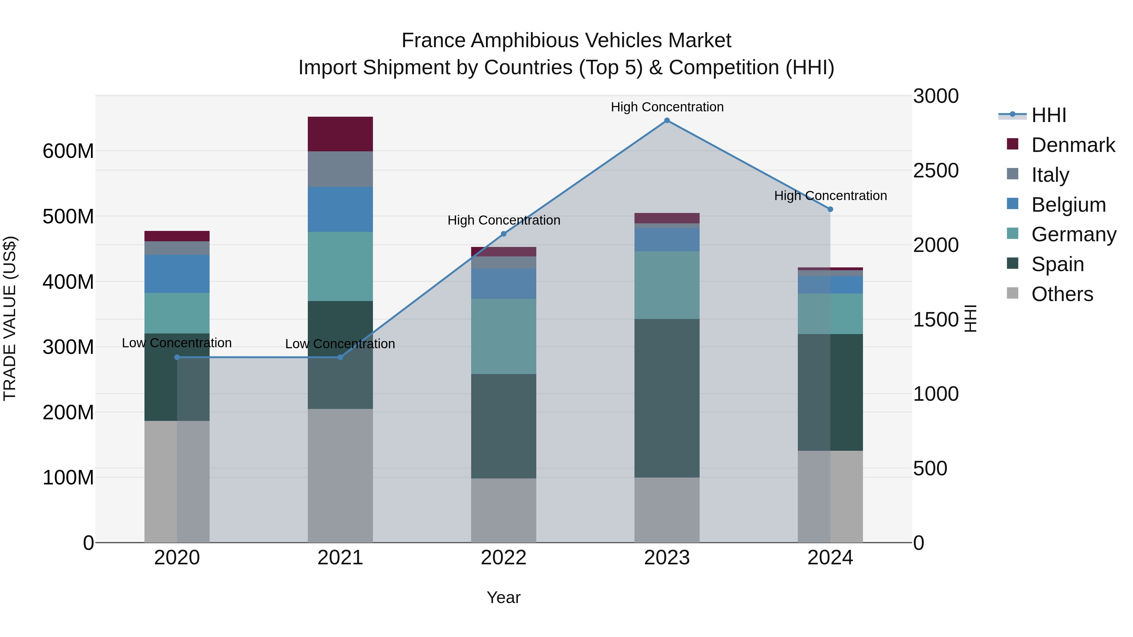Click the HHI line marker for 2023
tap(667, 120)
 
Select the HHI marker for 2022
tap(504, 234)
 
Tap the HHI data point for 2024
tap(830, 209)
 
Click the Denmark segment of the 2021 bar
tap(340, 134)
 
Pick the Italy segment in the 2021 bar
tap(340, 169)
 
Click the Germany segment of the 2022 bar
tap(504, 336)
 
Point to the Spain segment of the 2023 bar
tap(667, 398)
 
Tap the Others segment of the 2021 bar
tap(340, 475)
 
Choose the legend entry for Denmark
tap(1073, 145)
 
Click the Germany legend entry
tap(1073, 234)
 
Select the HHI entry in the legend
tap(1049, 115)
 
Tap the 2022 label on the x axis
tap(504, 558)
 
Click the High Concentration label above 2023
tap(667, 107)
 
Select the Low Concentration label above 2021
tap(340, 344)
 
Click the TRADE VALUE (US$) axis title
tap(10, 318)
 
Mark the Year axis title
tap(504, 597)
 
